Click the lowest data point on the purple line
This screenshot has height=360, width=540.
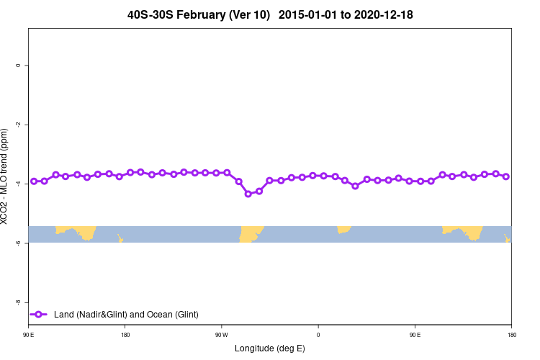tap(248, 194)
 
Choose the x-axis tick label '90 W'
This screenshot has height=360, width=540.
tap(221, 335)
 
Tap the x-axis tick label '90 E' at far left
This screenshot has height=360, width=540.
tap(29, 335)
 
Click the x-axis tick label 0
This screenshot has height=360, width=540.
tap(318, 335)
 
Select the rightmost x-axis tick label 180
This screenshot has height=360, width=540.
tap(511, 335)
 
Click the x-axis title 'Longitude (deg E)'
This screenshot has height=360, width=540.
tap(270, 348)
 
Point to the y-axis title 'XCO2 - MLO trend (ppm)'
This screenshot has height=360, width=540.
tap(6, 177)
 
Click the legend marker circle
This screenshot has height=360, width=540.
tap(39, 314)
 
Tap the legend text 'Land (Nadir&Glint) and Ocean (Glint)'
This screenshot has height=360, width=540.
tap(126, 314)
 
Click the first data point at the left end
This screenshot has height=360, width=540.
tap(34, 181)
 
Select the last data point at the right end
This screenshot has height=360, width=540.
tap(506, 176)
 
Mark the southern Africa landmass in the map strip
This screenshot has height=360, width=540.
tap(344, 230)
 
